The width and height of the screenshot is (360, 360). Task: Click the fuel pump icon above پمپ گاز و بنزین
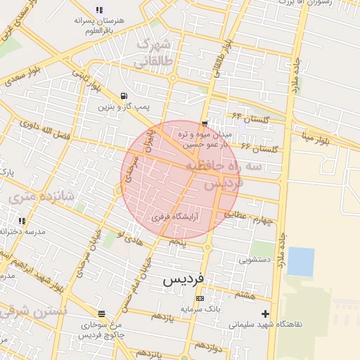point(124,96)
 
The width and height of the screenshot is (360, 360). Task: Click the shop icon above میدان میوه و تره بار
point(205,124)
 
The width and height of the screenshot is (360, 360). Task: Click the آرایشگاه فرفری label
point(175,217)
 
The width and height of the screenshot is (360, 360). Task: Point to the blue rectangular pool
point(300,262)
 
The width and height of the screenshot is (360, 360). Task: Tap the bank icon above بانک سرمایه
point(200,298)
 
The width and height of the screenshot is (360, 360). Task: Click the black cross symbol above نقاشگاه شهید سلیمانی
point(265,313)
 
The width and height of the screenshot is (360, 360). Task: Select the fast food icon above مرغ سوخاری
point(102,314)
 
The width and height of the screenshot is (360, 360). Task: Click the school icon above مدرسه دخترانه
point(21,221)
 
